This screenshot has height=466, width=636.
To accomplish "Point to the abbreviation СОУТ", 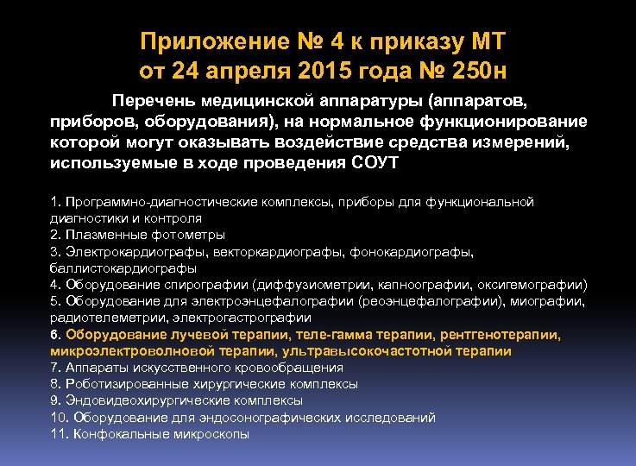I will tap(376, 162).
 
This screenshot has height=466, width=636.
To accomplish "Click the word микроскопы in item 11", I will tap(210, 434).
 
